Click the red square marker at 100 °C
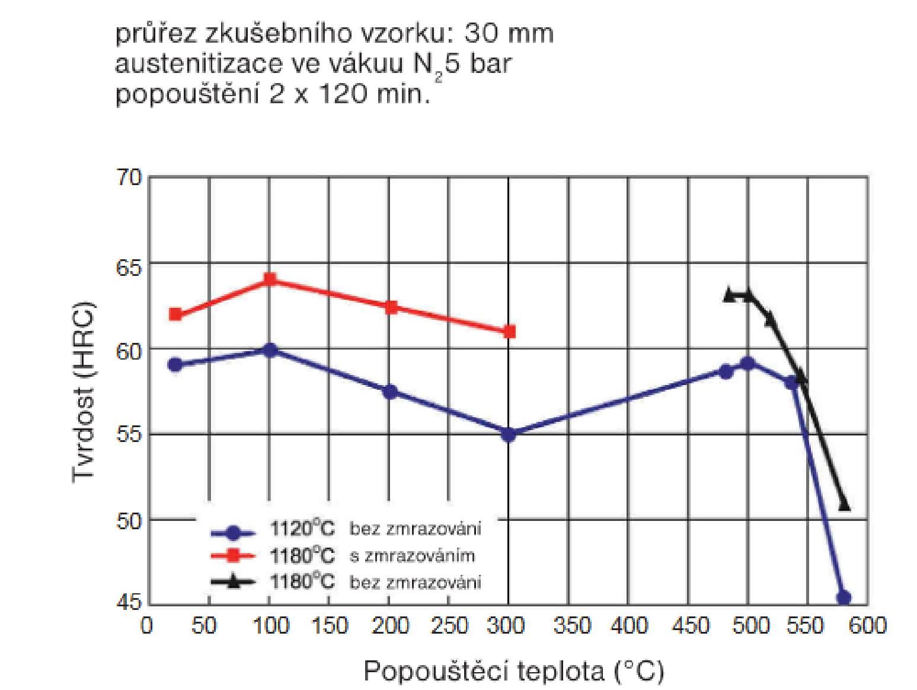pyautogui.click(x=270, y=279)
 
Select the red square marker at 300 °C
pyautogui.click(x=509, y=332)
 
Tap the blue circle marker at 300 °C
pyautogui.click(x=509, y=434)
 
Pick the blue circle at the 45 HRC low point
pyautogui.click(x=844, y=597)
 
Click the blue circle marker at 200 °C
pyautogui.click(x=389, y=392)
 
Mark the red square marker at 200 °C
pyautogui.click(x=391, y=307)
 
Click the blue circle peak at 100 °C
pyautogui.click(x=270, y=350)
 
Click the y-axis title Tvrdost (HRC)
pyautogui.click(x=84, y=393)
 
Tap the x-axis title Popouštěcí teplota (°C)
pyautogui.click(x=513, y=672)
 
